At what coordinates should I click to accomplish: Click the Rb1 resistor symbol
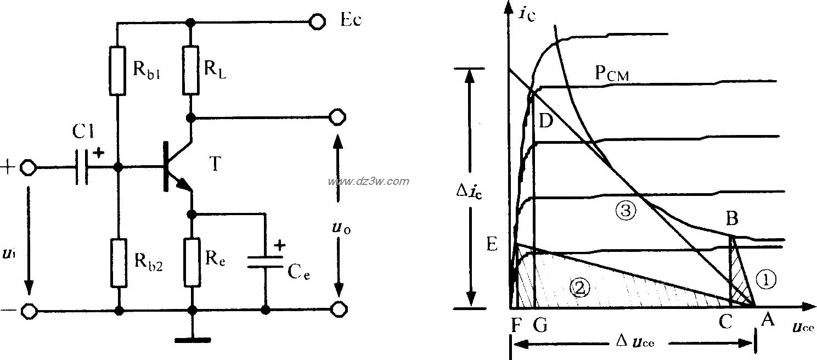pyautogui.click(x=119, y=71)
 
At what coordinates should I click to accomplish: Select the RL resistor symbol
pyautogui.click(x=191, y=71)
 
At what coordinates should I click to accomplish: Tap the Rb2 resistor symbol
pyautogui.click(x=119, y=263)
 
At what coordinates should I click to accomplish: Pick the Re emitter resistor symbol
pyautogui.click(x=191, y=262)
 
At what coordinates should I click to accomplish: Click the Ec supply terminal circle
pyautogui.click(x=317, y=21)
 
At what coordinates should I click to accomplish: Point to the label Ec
pyautogui.click(x=351, y=21)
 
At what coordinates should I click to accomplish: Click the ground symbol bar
pyautogui.click(x=192, y=340)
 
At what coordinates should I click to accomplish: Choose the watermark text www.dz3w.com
pyautogui.click(x=368, y=181)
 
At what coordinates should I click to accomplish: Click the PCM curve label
pyautogui.click(x=611, y=74)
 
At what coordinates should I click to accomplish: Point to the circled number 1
pyautogui.click(x=766, y=280)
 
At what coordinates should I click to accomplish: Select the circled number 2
pyautogui.click(x=581, y=285)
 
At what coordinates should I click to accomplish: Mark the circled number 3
pyautogui.click(x=625, y=209)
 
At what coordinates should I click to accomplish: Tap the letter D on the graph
pyautogui.click(x=545, y=121)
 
